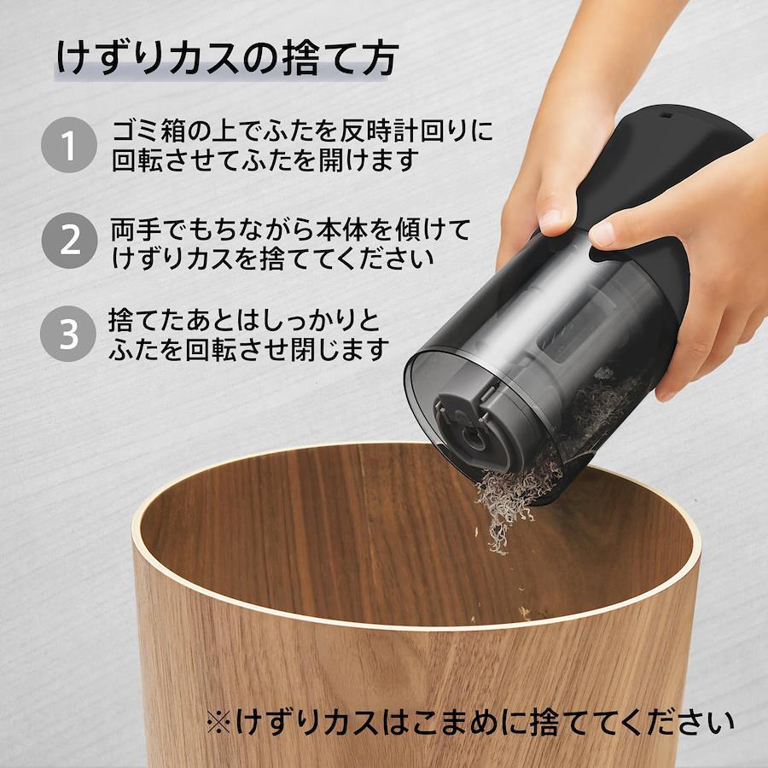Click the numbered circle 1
point(68,145)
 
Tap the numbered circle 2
point(69,241)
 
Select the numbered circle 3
point(68,334)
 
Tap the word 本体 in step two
point(340,230)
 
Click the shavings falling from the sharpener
point(504,509)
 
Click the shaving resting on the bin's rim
point(525,612)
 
